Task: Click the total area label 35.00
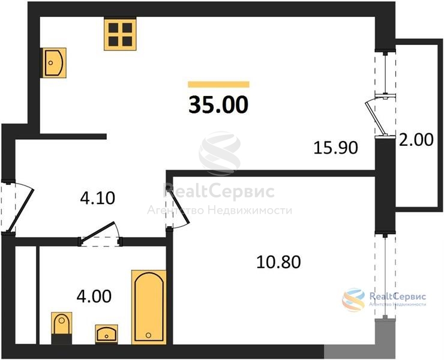pos(218,104)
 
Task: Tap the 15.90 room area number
pos(335,148)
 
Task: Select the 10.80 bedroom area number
pos(278,262)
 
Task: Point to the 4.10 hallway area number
pos(97,198)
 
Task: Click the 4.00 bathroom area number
pos(94,296)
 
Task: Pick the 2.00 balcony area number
pos(416,140)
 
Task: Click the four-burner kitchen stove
pos(120,34)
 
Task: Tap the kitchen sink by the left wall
pos(55,62)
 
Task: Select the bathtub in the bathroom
pos(149,307)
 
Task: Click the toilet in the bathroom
pos(61,328)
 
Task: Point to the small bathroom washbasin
pos(106,334)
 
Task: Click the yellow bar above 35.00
pos(218,85)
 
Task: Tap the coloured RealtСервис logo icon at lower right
pos(353,299)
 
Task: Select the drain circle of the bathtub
pos(148,335)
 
